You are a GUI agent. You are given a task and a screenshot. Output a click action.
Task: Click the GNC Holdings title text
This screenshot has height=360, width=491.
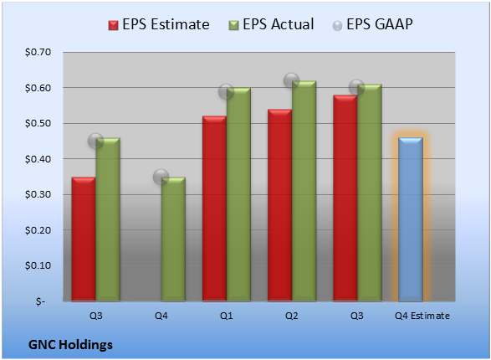pyautogui.click(x=70, y=345)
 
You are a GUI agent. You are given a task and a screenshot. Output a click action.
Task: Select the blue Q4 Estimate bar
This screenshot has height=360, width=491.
pyautogui.click(x=411, y=219)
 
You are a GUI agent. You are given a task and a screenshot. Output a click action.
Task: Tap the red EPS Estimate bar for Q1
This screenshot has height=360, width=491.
pyautogui.click(x=214, y=208)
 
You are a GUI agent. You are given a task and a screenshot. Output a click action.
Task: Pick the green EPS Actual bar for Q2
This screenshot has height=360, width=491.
pyautogui.click(x=304, y=191)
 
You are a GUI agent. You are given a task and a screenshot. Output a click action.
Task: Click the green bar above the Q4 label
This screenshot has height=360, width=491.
pyautogui.click(x=173, y=239)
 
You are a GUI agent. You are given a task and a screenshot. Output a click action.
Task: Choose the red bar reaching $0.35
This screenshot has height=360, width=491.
pyautogui.click(x=84, y=239)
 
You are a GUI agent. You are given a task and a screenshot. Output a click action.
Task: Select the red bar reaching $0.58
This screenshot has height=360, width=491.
pyautogui.click(x=345, y=198)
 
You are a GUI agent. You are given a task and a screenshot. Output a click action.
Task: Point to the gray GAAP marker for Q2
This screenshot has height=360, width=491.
pyautogui.click(x=292, y=80)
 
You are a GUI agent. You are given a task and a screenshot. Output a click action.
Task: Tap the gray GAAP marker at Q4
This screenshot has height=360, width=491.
pyautogui.click(x=161, y=177)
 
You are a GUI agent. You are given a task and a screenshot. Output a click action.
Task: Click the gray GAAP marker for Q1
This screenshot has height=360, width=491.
pyautogui.click(x=226, y=91)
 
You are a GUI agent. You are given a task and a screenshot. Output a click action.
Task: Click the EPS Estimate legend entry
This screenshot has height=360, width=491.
pyautogui.click(x=159, y=24)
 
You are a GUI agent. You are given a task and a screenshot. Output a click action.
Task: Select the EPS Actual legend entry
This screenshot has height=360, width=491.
pyautogui.click(x=272, y=24)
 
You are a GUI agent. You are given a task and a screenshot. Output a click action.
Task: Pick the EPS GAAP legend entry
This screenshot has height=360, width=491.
pyautogui.click(x=372, y=24)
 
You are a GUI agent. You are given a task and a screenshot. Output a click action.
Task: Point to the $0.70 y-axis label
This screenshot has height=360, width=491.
pyautogui.click(x=38, y=52)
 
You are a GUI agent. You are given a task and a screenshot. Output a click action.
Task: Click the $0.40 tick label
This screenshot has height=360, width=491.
pyautogui.click(x=38, y=159)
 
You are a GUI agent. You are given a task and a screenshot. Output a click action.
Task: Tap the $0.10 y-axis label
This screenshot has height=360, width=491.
pyautogui.click(x=38, y=265)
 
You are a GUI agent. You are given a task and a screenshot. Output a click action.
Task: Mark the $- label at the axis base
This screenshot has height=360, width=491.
pyautogui.click(x=41, y=301)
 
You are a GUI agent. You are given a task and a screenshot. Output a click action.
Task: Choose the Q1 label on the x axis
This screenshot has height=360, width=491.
pyautogui.click(x=226, y=316)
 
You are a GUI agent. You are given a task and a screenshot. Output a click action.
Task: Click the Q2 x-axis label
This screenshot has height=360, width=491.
pyautogui.click(x=292, y=316)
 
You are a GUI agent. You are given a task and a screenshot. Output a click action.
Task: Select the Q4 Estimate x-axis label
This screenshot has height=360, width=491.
pyautogui.click(x=422, y=316)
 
